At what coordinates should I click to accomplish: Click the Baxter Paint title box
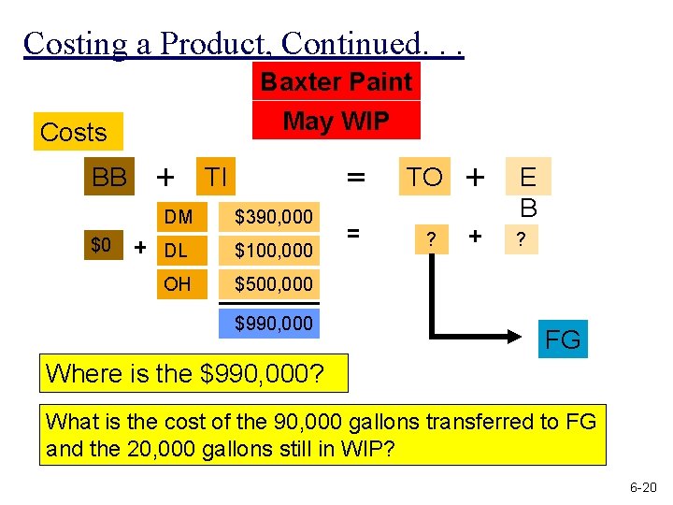(x=336, y=82)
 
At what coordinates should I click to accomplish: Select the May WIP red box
(x=336, y=121)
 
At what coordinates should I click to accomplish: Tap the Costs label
(x=74, y=133)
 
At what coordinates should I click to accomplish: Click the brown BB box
(x=109, y=177)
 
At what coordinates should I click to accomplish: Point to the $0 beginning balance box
(x=101, y=246)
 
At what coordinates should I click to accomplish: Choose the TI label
(x=216, y=176)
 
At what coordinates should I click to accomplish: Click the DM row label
(x=178, y=218)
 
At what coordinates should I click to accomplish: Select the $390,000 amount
(x=273, y=218)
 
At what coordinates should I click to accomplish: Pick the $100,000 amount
(x=273, y=251)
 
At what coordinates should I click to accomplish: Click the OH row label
(x=177, y=283)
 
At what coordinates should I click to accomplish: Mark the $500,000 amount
(x=273, y=283)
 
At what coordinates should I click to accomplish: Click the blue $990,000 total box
(x=273, y=324)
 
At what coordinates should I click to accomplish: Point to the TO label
(x=424, y=177)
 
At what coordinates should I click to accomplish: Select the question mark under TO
(x=430, y=239)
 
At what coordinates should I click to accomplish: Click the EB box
(x=528, y=190)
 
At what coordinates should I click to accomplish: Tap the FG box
(x=563, y=339)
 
